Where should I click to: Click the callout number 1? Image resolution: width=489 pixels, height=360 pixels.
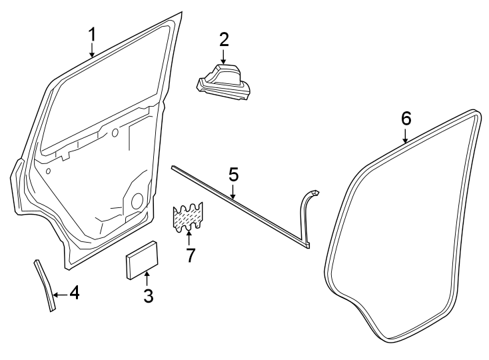coord(93,33)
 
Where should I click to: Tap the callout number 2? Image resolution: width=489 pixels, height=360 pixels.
coord(224,39)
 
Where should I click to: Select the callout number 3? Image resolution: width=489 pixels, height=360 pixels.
coord(148,296)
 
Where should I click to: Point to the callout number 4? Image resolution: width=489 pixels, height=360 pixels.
coord(75,293)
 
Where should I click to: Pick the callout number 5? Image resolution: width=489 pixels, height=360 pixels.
coord(233,175)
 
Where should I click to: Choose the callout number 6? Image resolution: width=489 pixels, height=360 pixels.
coord(406,118)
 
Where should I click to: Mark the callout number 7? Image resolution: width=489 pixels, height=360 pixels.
coord(191,255)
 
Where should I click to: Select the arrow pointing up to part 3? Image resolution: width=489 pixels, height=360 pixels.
coord(147,276)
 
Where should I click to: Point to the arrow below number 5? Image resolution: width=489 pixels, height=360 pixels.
coord(233,193)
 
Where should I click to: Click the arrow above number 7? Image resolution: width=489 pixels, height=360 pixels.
coord(190,236)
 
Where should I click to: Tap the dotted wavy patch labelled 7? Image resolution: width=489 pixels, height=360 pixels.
coord(189,215)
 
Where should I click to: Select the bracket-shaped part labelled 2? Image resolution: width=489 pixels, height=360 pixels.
coord(224,83)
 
